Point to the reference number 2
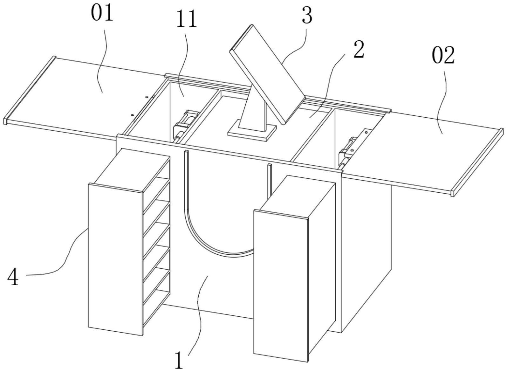[x=359, y=50]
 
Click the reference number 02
[x=443, y=55]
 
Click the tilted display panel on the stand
[x=267, y=75]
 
